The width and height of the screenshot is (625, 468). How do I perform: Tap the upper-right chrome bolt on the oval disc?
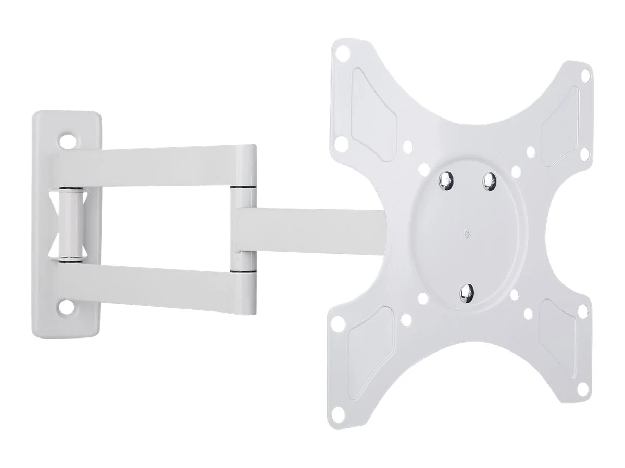click(489, 180)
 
